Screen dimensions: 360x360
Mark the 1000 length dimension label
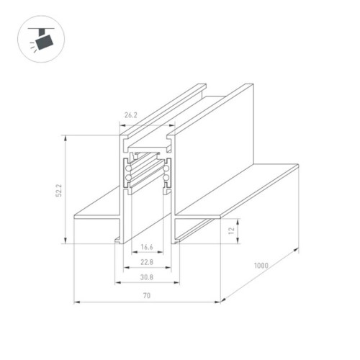click(x=261, y=266)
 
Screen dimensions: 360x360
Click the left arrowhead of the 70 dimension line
click(x=76, y=301)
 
